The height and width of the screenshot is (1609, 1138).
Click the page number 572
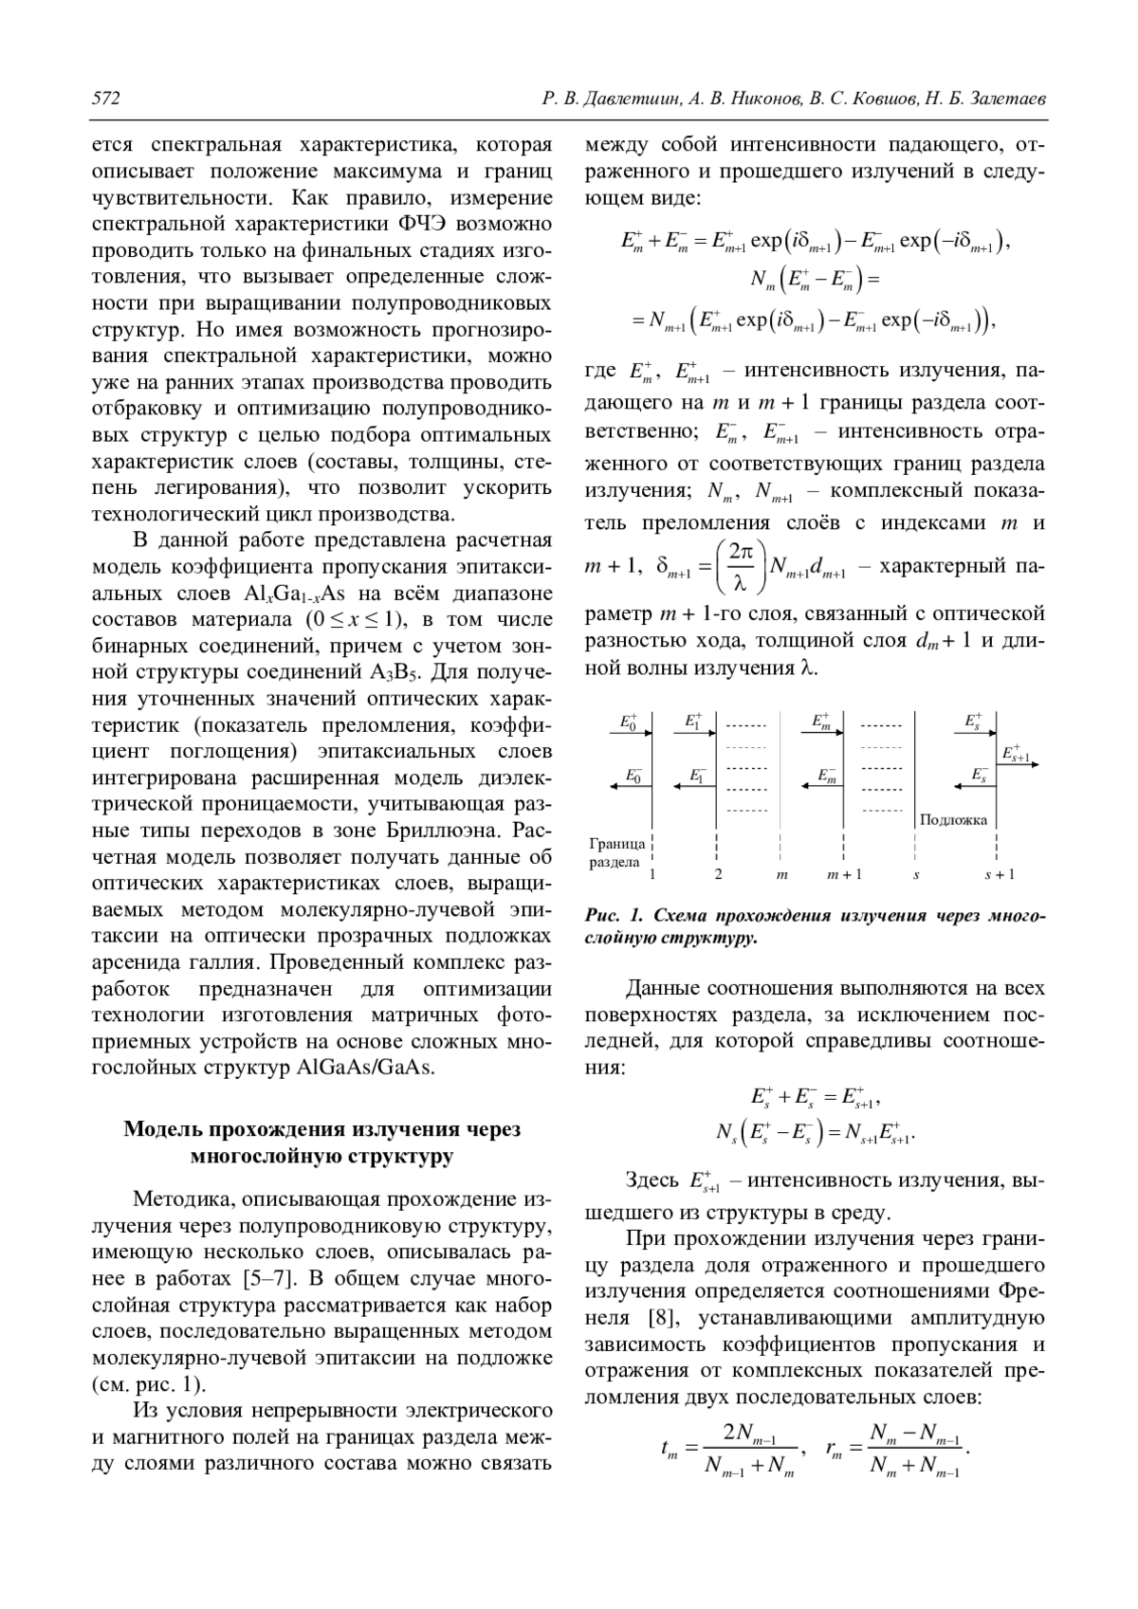[105, 99]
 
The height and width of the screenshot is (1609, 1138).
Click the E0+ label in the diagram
[630, 722]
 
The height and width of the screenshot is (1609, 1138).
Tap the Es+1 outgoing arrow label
[1016, 754]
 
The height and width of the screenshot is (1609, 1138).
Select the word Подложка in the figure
[953, 819]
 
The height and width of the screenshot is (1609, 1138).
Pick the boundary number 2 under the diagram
[718, 874]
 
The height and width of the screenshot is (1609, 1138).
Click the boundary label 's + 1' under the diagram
[999, 874]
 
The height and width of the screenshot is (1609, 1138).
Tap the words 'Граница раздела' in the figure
[616, 852]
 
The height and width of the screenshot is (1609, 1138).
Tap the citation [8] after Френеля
[660, 1317]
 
